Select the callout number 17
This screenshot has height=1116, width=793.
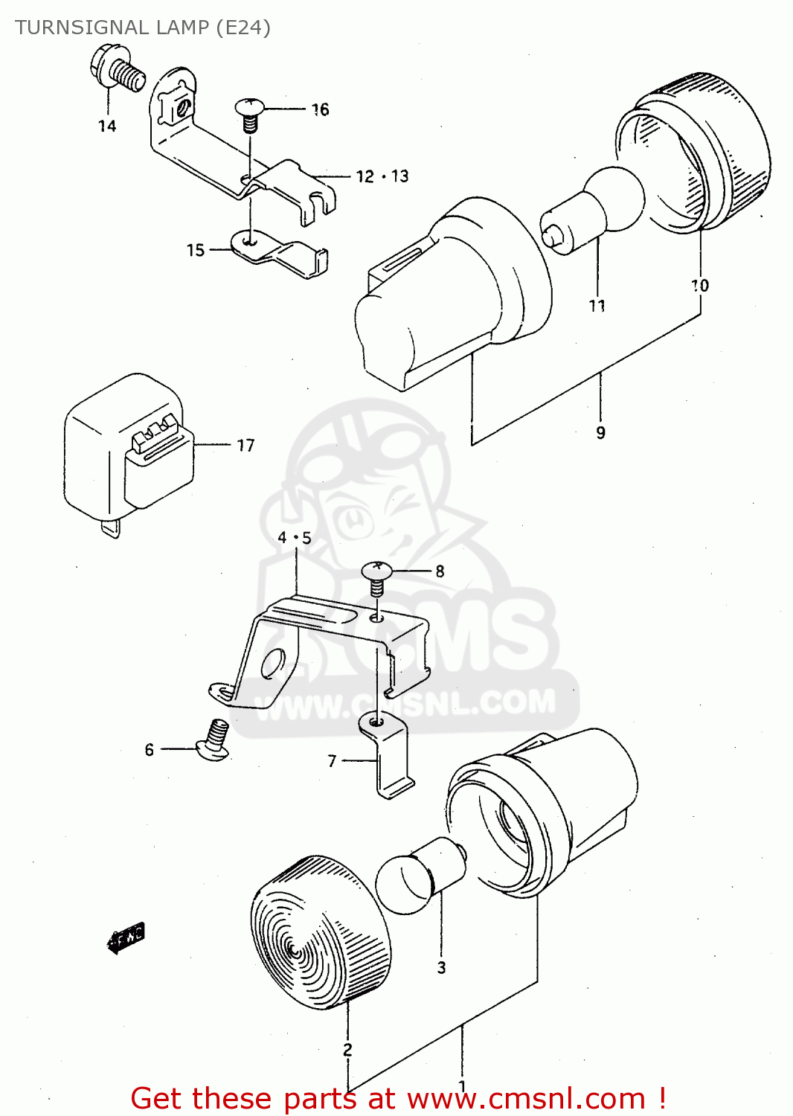(245, 446)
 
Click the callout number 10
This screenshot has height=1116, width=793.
(699, 286)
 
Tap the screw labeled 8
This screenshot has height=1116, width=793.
(377, 577)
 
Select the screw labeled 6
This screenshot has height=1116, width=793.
(213, 741)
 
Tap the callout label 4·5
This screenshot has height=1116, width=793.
(295, 538)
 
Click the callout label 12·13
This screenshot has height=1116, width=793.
(382, 176)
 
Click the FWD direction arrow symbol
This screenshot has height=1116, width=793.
(126, 940)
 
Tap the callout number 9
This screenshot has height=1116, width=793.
(600, 432)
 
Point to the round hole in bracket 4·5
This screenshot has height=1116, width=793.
(273, 664)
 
